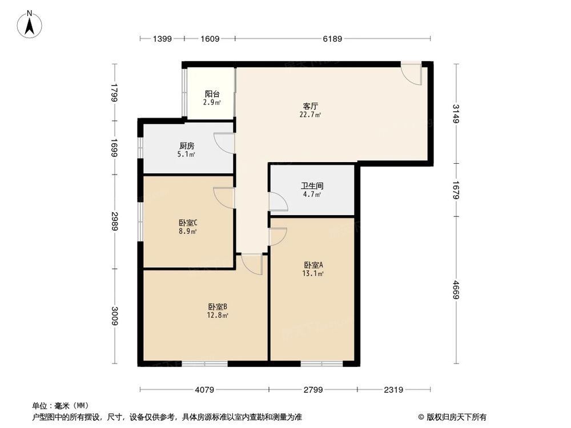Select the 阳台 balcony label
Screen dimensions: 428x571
pyautogui.click(x=212, y=94)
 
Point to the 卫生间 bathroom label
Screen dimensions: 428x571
pyautogui.click(x=311, y=185)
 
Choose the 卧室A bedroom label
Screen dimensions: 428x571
pyautogui.click(x=313, y=265)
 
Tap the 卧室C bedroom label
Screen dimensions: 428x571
pyautogui.click(x=188, y=223)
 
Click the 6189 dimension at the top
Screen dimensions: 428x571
pyautogui.click(x=332, y=39)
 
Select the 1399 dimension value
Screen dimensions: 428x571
pyautogui.click(x=162, y=39)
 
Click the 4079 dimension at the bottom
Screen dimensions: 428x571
pyautogui.click(x=204, y=390)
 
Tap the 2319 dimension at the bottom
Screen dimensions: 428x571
pyautogui.click(x=393, y=390)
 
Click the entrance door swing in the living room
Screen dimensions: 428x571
pyautogui.click(x=411, y=73)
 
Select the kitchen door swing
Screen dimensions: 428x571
pyautogui.click(x=224, y=143)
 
